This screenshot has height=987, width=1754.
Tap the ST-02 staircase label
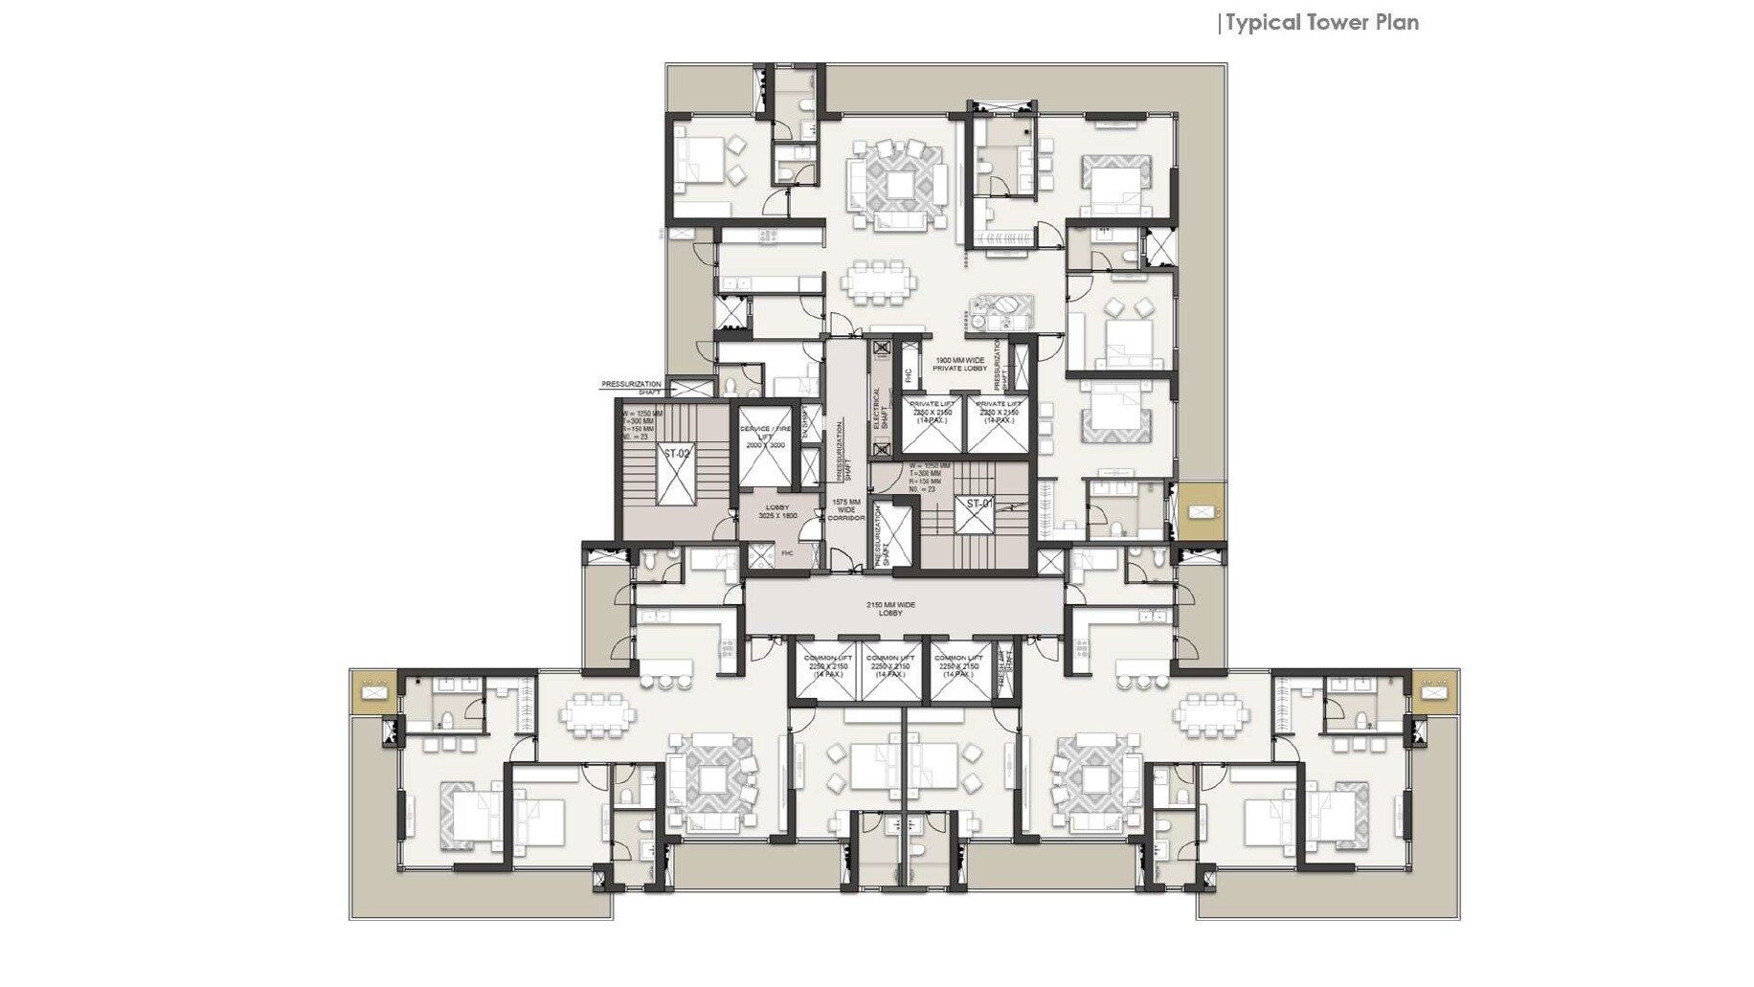click(x=676, y=453)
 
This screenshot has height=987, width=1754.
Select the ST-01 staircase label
click(x=978, y=504)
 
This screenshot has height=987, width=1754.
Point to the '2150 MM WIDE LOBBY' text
click(x=890, y=609)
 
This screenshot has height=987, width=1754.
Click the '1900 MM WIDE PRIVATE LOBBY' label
click(x=959, y=364)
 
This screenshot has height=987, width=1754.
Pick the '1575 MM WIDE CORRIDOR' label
click(x=845, y=509)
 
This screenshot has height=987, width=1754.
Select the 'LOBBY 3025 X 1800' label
click(x=777, y=511)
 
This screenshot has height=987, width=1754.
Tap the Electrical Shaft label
click(x=876, y=409)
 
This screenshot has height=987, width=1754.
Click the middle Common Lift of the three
click(x=890, y=666)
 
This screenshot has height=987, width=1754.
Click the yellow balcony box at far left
click(x=373, y=689)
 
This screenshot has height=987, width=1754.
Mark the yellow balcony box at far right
click(x=1433, y=690)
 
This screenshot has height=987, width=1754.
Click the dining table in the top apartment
click(x=878, y=282)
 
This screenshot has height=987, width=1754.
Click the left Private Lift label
click(x=932, y=413)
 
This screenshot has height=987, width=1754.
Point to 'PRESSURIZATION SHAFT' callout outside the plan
click(x=631, y=387)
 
